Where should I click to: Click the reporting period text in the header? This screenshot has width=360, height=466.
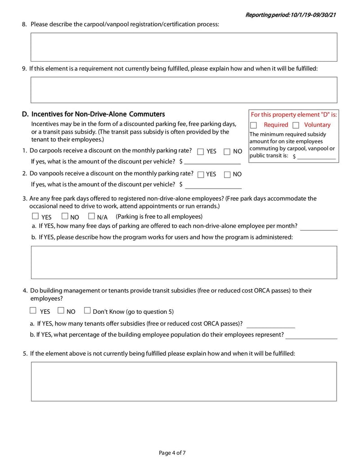pos(291,15)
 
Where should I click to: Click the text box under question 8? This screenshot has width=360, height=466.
pos(184,47)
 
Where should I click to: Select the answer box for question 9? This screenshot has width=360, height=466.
pos(184,90)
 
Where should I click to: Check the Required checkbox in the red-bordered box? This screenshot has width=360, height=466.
pos(254,125)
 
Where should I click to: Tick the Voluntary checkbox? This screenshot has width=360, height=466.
pos(296,125)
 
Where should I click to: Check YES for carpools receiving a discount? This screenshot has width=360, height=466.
pos(201,152)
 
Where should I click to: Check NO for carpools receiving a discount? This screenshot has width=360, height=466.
pos(227,152)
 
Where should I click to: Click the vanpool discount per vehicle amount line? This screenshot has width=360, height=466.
pos(213,185)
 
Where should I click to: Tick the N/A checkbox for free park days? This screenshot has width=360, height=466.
pos(92,216)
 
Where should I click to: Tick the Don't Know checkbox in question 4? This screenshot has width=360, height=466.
pos(87,310)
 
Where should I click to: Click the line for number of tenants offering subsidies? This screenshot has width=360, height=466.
pos(270,324)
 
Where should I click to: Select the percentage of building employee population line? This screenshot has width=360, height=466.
pos(311,335)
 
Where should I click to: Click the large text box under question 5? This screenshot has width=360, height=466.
pos(184,381)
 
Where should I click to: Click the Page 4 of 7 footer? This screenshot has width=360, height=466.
pos(172,452)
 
